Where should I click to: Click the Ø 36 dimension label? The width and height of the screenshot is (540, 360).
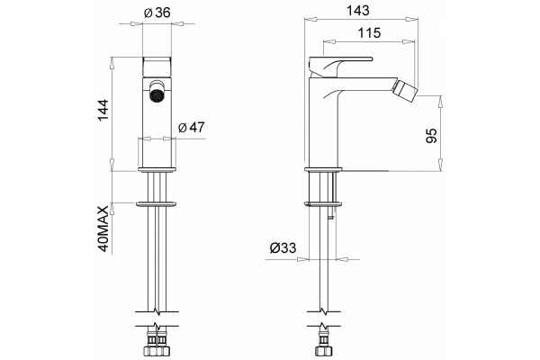click(x=157, y=13)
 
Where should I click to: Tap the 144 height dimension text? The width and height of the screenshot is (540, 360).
click(x=103, y=110)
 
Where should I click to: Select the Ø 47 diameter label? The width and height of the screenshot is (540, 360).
click(x=192, y=128)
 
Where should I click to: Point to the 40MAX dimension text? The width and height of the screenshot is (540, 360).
click(x=103, y=229)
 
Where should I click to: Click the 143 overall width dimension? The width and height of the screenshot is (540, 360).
click(x=358, y=11)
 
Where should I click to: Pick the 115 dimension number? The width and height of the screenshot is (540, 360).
click(x=369, y=33)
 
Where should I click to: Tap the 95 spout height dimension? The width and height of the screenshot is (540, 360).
click(x=431, y=135)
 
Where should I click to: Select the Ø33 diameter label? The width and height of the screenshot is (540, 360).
click(x=283, y=247)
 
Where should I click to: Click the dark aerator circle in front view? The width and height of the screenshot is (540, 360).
click(x=157, y=94)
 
